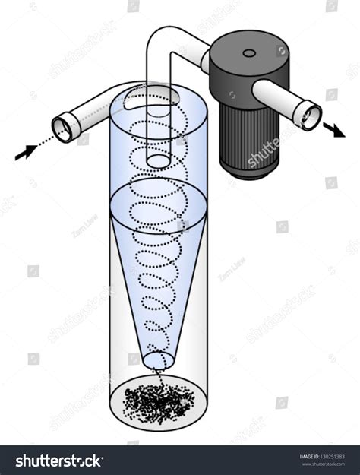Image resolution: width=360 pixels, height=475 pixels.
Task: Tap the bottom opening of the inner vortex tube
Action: click(159, 160)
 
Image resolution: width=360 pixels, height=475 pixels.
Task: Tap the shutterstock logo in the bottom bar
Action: click(59, 461)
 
